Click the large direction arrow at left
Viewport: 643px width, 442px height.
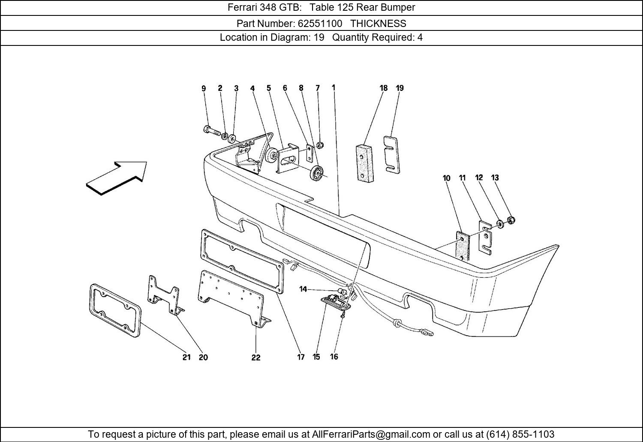117,177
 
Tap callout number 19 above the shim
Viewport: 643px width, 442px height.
400,88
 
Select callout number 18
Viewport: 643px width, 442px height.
383,88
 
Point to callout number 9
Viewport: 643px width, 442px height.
204,89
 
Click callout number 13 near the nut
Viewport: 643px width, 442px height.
495,177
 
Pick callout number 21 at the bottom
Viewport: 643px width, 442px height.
186,357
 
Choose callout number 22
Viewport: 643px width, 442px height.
256,358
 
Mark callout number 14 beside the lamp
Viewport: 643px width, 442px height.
303,289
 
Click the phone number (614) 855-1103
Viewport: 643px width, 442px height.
520,434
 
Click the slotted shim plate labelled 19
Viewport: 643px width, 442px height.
392,155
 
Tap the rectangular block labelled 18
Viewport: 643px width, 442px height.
364,163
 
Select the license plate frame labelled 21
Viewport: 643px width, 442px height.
115,310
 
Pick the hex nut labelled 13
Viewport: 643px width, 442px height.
511,220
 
